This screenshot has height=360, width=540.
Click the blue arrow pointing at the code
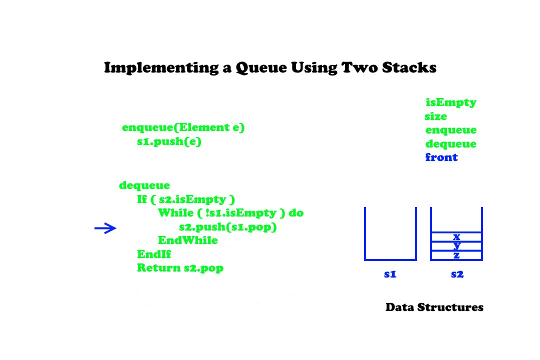[x=105, y=228]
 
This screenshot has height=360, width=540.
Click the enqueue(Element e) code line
[x=183, y=128]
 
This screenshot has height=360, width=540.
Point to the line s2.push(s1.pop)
[x=227, y=227]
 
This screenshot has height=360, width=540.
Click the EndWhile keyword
[x=188, y=240]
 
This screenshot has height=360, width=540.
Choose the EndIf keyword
[x=154, y=254]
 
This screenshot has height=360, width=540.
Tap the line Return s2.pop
[x=180, y=268]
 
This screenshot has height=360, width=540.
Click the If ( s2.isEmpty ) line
[x=186, y=199]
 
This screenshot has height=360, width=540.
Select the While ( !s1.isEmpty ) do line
[x=230, y=213]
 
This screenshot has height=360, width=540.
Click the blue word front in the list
[x=441, y=157]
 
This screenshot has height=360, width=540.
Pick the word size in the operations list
[x=435, y=117]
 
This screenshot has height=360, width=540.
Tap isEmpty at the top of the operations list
[x=451, y=103]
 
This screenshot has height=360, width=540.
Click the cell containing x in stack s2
[x=456, y=236]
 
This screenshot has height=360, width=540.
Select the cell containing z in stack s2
[x=456, y=255]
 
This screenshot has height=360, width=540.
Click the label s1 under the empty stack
[x=390, y=274]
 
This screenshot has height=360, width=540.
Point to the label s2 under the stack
[x=456, y=274]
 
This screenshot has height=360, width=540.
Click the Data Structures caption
[x=434, y=307]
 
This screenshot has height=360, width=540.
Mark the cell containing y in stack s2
[x=456, y=246]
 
